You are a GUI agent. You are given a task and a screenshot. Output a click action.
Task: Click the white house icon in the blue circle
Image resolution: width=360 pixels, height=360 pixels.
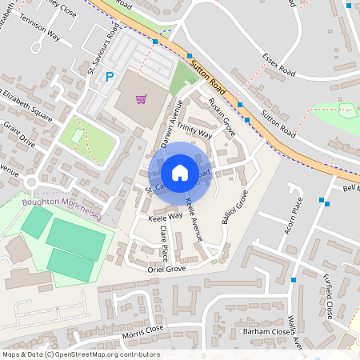180,173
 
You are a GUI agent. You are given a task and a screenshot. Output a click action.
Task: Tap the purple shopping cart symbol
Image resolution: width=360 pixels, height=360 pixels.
141,99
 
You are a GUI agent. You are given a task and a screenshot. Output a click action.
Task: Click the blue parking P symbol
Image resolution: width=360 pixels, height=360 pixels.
110,77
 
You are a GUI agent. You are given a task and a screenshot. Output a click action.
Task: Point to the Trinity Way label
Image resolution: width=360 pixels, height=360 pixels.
194,132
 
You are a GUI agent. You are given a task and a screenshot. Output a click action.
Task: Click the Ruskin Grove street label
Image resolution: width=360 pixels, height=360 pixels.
220,115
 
